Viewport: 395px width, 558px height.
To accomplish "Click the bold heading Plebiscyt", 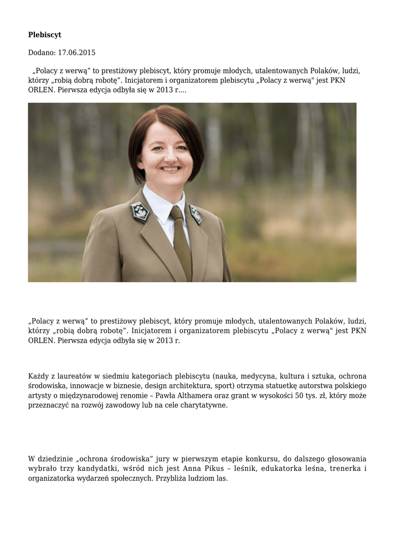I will click(45, 35).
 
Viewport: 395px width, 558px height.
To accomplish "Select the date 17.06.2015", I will click(77, 53).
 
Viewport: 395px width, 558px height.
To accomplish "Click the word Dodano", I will click(41, 53).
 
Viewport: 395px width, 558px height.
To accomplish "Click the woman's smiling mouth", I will click(170, 168).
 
